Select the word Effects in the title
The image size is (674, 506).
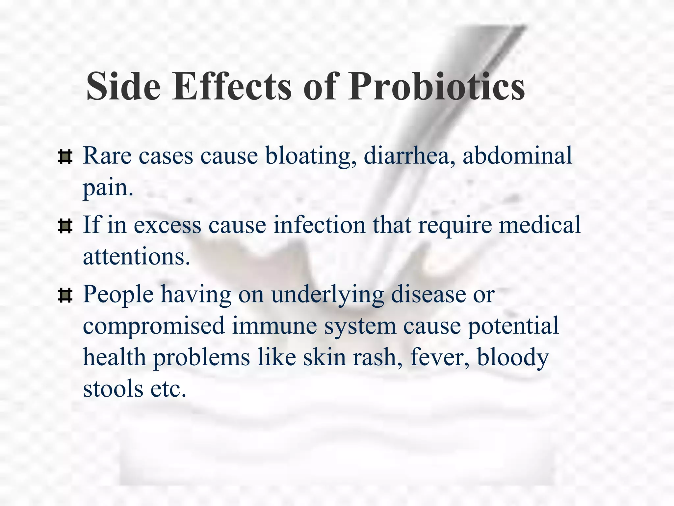pyautogui.click(x=231, y=86)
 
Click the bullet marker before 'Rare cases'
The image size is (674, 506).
pyautogui.click(x=65, y=157)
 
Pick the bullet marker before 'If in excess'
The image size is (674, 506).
pyautogui.click(x=65, y=226)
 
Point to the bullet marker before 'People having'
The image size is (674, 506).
pyautogui.click(x=65, y=295)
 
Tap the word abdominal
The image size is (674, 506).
pyautogui.click(x=517, y=155)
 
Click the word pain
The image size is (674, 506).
pyautogui.click(x=108, y=188)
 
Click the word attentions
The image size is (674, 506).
pyautogui.click(x=136, y=257)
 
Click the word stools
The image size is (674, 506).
pyautogui.click(x=113, y=389)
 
